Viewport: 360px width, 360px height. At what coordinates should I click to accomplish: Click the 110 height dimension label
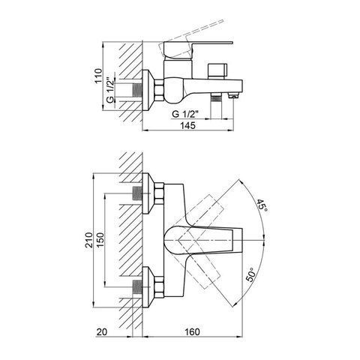[x=99, y=76]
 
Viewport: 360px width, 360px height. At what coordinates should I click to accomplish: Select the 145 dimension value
[x=187, y=125]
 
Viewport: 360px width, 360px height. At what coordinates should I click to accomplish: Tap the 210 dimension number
[x=88, y=240]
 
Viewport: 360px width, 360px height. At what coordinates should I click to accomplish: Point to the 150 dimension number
[x=100, y=240]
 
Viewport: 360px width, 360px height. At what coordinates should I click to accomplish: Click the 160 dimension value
[x=192, y=332]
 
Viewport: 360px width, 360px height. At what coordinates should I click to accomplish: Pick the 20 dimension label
[x=102, y=332]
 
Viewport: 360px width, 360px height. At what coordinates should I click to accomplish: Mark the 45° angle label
[x=262, y=205]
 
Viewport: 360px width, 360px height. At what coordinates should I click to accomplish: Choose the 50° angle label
[x=252, y=274]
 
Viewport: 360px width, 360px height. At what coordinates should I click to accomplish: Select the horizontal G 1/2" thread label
[x=185, y=114]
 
